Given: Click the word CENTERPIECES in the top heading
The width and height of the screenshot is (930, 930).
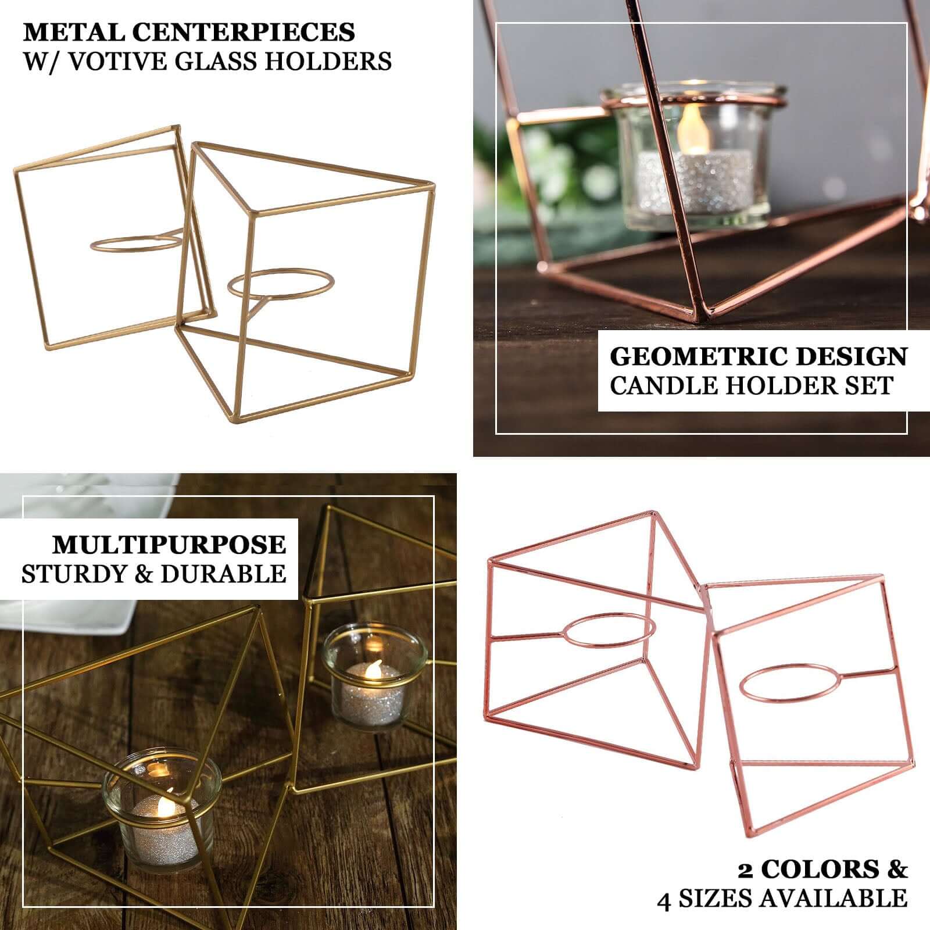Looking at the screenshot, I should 244,33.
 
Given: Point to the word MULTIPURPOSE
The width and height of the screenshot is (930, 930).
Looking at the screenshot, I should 169,545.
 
